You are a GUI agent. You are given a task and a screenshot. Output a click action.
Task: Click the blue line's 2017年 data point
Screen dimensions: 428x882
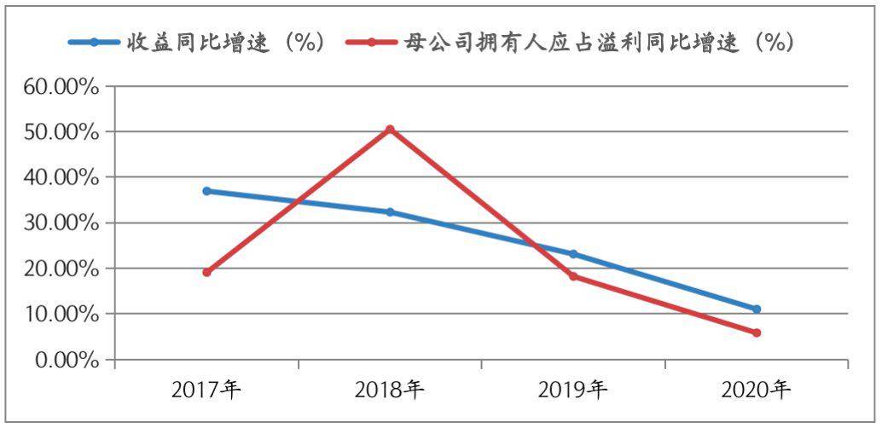point(206,191)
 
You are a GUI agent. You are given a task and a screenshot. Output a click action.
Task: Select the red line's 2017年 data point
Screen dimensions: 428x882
point(206,272)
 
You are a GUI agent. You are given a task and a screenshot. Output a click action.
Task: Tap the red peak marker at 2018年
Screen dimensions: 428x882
point(390,130)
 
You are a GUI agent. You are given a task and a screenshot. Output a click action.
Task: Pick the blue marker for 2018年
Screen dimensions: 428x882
point(390,212)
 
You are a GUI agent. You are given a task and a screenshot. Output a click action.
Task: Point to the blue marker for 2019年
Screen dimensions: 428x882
point(573,254)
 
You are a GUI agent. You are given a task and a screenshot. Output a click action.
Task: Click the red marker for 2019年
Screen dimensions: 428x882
point(573,276)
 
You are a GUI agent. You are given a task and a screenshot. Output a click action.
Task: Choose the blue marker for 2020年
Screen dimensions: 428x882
point(757,309)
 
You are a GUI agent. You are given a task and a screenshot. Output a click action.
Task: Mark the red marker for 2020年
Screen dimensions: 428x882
point(757,333)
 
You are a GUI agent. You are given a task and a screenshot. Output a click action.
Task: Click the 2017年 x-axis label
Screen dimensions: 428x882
point(206,391)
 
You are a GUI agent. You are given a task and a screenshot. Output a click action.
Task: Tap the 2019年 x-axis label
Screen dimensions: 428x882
point(573,391)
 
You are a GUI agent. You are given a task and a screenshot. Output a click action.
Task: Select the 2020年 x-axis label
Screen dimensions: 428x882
point(757,391)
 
